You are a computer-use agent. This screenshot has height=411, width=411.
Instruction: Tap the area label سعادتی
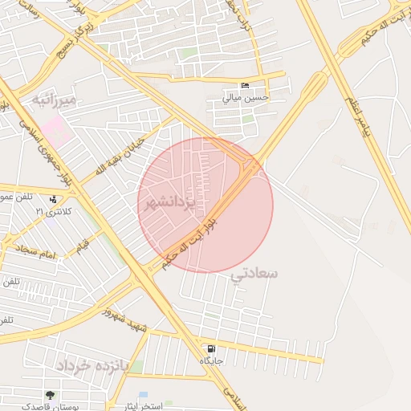pos(254,274)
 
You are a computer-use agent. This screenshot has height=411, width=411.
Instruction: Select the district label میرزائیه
pos(54,100)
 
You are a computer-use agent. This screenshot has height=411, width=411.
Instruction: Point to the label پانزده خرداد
pos(92,365)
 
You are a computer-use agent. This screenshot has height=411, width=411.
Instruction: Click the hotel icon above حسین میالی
pos(245,86)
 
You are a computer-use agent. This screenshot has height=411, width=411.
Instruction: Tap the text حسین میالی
pos(246,98)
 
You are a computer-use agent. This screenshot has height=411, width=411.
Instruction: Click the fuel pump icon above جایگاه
pos(211,349)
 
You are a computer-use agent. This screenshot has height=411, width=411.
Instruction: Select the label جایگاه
pos(211,361)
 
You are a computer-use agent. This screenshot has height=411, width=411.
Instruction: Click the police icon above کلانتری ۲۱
pos(53,199)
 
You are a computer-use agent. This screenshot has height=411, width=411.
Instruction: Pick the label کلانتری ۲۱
pos(53,210)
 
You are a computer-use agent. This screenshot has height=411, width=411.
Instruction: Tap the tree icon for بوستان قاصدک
pos(50,395)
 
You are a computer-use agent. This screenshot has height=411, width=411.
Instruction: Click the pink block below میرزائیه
pos(57,129)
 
